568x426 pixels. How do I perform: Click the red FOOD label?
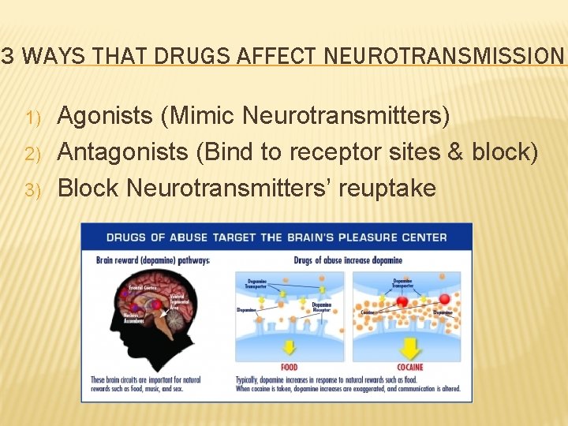pyautogui.click(x=290, y=367)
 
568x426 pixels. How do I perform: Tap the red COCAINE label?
pyautogui.click(x=410, y=367)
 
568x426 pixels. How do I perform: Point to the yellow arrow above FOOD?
pyautogui.click(x=289, y=346)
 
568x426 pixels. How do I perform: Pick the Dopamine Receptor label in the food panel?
pyautogui.click(x=322, y=307)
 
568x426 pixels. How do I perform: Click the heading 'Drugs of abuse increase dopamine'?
pyautogui.click(x=347, y=261)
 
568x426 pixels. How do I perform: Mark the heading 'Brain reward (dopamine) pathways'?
pyautogui.click(x=152, y=260)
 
